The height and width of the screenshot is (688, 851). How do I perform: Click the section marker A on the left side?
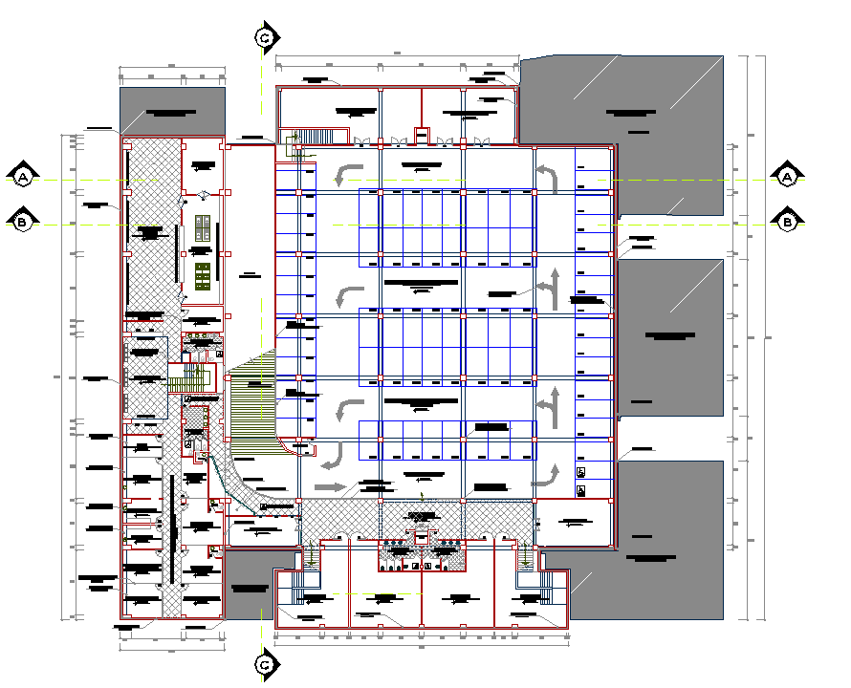coord(22,177)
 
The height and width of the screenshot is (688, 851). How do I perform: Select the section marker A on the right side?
coord(787,177)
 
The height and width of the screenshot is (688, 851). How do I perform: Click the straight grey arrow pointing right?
coord(331,486)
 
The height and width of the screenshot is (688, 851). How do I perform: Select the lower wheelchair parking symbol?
coord(581,490)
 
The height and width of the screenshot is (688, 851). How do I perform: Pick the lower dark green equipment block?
coord(202,277)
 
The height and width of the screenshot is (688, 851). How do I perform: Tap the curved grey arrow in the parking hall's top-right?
coord(547,178)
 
